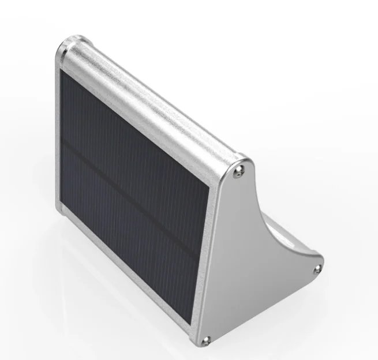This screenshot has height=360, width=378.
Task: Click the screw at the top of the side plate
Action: click(x=240, y=168)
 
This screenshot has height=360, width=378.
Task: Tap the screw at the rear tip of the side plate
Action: click(x=316, y=269)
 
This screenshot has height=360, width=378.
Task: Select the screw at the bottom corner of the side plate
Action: click(x=208, y=340)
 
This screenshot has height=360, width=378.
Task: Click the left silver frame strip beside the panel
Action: click(x=58, y=138)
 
